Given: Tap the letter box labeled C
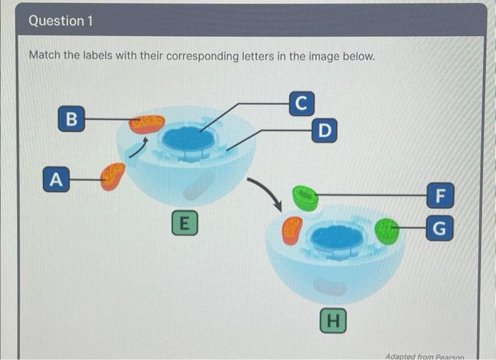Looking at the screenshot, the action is [300, 103].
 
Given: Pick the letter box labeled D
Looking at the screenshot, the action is [324, 130].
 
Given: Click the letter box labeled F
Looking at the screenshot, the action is [440, 193].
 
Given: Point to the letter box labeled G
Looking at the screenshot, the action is [440, 228].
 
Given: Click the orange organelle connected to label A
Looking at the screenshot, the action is [112, 176].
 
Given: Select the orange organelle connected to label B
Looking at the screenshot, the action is [147, 125].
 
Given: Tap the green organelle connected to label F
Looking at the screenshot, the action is [306, 198].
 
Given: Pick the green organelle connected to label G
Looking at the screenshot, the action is [387, 231].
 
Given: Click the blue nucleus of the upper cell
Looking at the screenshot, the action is [188, 139].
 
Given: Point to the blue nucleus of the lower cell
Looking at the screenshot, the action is [337, 237].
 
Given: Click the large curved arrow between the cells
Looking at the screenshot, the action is [266, 192].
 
